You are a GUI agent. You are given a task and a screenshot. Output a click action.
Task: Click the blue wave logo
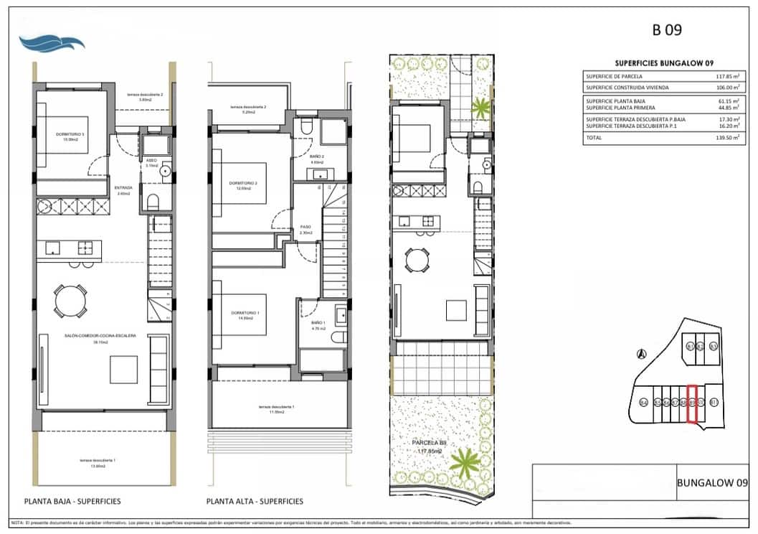pyautogui.click(x=52, y=42)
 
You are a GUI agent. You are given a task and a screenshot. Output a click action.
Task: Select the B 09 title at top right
pyautogui.click(x=666, y=30)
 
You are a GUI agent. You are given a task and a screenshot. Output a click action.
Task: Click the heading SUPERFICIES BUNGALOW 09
pyautogui.click(x=663, y=63)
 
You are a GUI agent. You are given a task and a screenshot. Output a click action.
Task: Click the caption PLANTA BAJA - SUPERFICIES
pyautogui.click(x=72, y=501)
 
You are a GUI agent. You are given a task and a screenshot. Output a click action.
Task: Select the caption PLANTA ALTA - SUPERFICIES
pyautogui.click(x=255, y=501)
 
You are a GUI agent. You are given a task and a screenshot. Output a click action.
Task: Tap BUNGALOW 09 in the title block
pyautogui.click(x=712, y=483)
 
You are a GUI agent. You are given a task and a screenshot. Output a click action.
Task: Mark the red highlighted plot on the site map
pyautogui.click(x=692, y=403)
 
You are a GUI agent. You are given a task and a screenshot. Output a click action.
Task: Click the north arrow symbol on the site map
pyautogui.click(x=643, y=353)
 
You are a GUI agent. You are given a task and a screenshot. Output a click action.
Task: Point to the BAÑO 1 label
pyautogui.click(x=318, y=324)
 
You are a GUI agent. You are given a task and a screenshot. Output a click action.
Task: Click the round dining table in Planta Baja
pyautogui.click(x=70, y=300)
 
